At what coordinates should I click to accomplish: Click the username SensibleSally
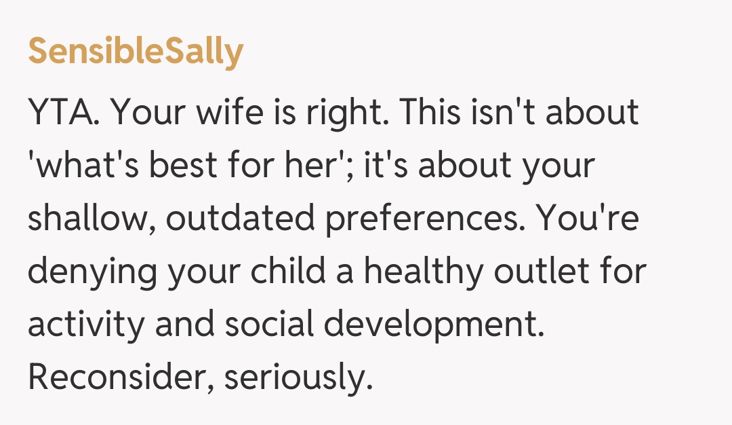coord(135,52)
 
